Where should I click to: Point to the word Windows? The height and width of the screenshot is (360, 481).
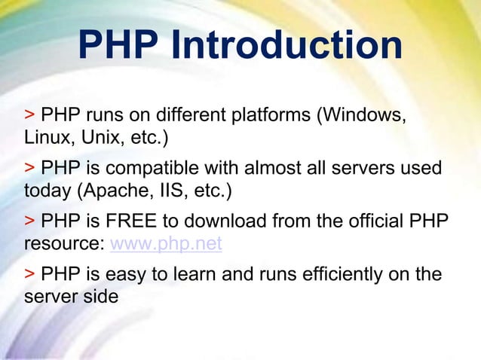[366, 117]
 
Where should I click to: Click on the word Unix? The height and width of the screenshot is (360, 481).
[94, 139]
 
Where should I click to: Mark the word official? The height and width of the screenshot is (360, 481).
[369, 222]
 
